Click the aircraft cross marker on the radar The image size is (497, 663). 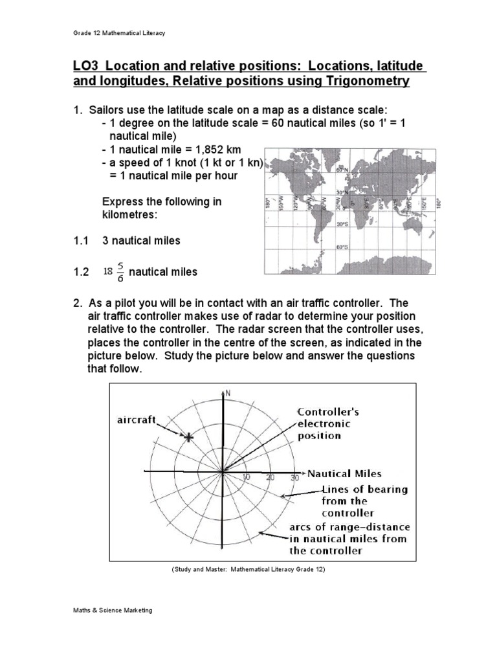click(x=188, y=438)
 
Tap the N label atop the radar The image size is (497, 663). click(x=227, y=392)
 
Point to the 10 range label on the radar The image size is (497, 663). click(x=246, y=477)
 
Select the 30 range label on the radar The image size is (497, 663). click(x=294, y=477)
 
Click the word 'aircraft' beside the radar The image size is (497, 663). click(x=137, y=420)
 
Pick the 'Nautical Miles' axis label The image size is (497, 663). click(x=344, y=473)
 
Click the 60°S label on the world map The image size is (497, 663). click(x=341, y=247)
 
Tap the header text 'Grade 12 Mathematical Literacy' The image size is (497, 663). click(x=118, y=33)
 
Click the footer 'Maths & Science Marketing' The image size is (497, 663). click(x=112, y=611)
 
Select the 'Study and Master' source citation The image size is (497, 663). click(x=248, y=569)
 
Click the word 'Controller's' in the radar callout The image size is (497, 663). click(x=328, y=412)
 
